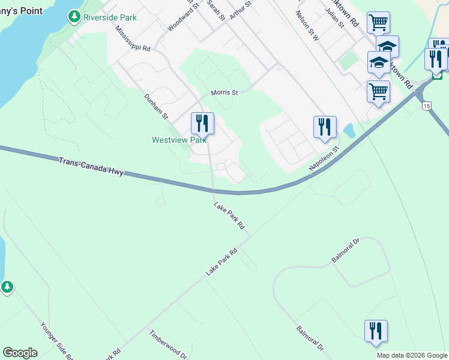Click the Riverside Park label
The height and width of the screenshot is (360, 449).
(x=110, y=17)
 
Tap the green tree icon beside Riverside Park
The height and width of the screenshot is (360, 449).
(x=74, y=17)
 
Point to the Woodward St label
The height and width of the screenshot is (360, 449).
(x=183, y=17)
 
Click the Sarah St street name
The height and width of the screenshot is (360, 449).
(x=215, y=10)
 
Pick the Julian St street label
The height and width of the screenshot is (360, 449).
(x=334, y=19)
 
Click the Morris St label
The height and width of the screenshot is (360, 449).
(x=224, y=93)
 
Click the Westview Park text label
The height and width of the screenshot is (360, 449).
(x=178, y=140)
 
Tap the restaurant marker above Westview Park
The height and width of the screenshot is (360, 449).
(x=202, y=124)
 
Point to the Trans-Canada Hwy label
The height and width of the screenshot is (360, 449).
(x=91, y=167)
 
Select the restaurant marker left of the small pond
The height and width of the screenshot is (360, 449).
(x=325, y=127)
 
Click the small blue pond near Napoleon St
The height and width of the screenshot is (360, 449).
(x=348, y=131)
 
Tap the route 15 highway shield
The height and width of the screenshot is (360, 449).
(x=426, y=106)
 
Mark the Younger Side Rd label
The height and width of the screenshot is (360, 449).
(x=56, y=341)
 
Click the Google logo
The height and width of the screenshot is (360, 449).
(x=20, y=353)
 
